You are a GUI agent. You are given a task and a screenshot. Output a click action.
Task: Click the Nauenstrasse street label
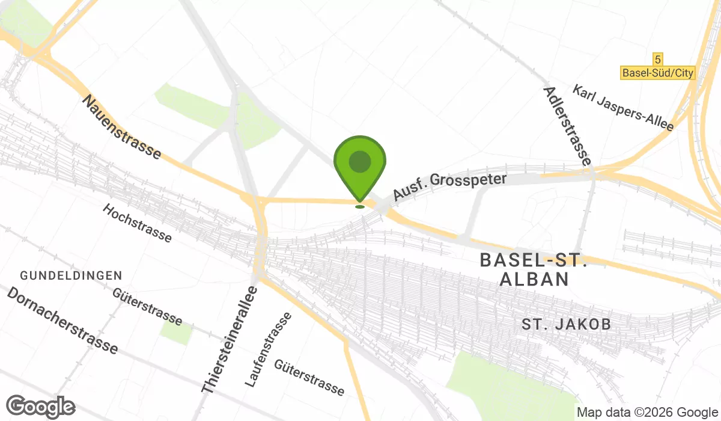point(123,127)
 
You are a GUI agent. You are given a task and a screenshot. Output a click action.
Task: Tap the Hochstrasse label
point(137,223)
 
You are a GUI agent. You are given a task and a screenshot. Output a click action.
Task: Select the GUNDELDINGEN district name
point(71,275)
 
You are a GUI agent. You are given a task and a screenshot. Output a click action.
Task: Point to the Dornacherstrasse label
point(62,320)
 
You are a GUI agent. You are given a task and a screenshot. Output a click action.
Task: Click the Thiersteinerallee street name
point(230,341)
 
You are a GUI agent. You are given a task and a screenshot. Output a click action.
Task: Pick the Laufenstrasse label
point(269,349)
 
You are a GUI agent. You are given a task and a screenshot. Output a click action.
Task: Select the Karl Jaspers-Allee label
point(623,108)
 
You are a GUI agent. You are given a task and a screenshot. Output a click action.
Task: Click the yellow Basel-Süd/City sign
point(657,73)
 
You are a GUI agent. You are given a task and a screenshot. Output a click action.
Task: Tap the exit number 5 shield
point(659,59)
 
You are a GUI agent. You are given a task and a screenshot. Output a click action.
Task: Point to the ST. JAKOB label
point(566,325)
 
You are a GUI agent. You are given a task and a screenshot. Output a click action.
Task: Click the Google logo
point(41,407)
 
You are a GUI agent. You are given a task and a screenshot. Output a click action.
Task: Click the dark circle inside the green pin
point(360,161)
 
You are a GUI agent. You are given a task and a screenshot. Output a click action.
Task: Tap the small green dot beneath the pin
point(360,206)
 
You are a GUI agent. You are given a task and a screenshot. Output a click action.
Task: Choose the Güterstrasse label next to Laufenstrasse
point(309,378)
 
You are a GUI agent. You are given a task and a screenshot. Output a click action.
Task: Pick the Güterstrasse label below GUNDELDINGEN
point(147,306)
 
